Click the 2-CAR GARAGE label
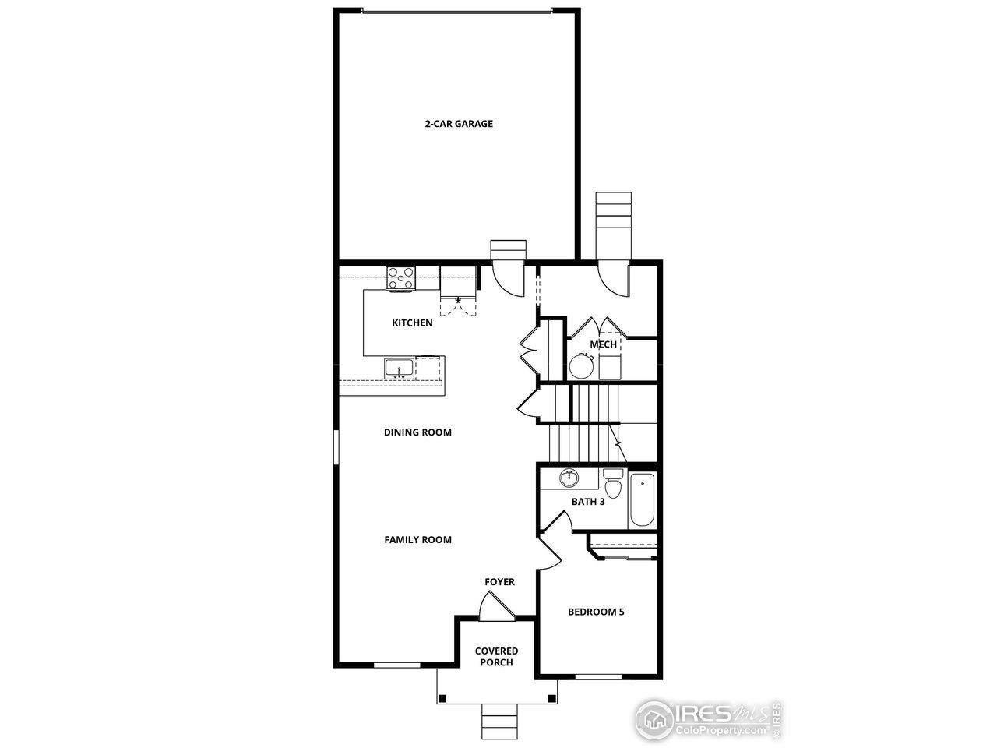[x=458, y=124]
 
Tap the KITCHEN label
[x=412, y=323]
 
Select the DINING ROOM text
[x=417, y=432]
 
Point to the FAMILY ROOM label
[x=417, y=539]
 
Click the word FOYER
[x=499, y=582]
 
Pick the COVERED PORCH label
[x=496, y=657]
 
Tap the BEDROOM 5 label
[x=596, y=612]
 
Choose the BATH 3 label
[x=588, y=502]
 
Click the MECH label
[x=603, y=344]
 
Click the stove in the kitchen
[x=401, y=278]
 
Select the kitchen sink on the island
[x=399, y=368]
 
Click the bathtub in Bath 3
[x=643, y=499]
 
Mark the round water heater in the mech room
[x=581, y=365]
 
